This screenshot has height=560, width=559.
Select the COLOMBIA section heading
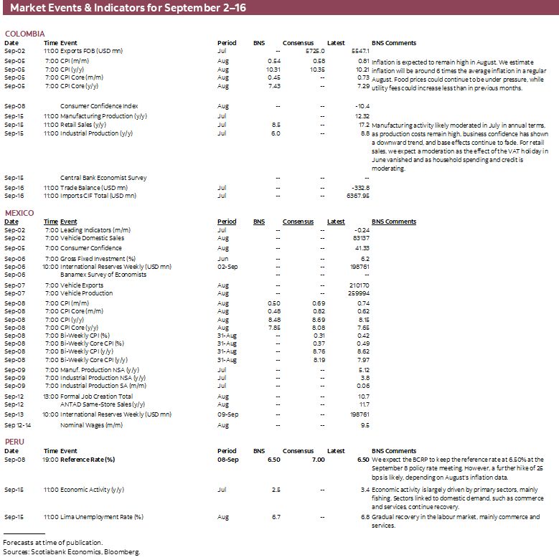coord(24,34)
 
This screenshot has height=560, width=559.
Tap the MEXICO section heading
coord(19,213)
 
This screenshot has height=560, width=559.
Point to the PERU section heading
coord(14,442)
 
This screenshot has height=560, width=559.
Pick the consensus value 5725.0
coord(315,52)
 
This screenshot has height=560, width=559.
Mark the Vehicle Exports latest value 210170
coord(357,285)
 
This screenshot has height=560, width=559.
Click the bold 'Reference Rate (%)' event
coord(88,460)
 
